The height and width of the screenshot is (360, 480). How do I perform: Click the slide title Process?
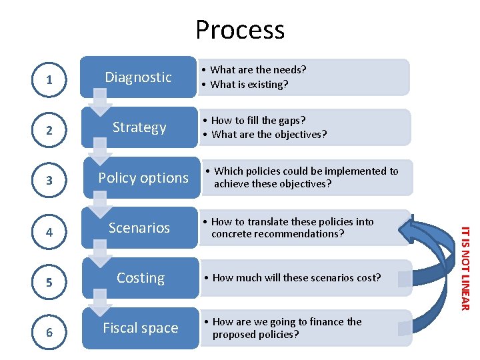[x=240, y=30]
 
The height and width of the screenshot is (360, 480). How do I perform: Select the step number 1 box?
[x=49, y=79]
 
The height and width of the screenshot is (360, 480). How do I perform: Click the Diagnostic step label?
[x=139, y=77]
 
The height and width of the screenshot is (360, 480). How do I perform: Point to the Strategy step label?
[x=139, y=127]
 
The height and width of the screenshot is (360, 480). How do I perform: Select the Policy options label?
[x=143, y=178]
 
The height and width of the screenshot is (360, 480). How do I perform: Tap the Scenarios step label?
[x=139, y=228]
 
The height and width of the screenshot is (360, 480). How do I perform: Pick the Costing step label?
[x=141, y=278]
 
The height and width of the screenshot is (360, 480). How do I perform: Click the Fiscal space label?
[x=141, y=328]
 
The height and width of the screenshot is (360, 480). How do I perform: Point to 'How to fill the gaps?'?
[x=258, y=121]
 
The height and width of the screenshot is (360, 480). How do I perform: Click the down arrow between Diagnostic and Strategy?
[x=101, y=103]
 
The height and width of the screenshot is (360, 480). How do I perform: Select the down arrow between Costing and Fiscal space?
[x=101, y=304]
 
